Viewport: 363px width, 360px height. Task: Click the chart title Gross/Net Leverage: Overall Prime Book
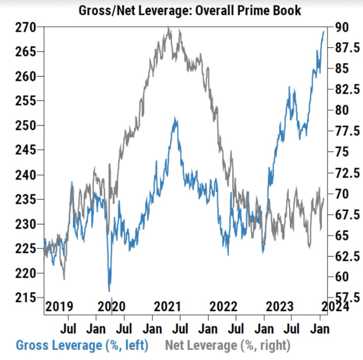point(190,10)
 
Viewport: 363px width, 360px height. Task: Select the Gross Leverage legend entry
point(82,345)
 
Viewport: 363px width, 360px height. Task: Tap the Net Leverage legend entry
point(227,345)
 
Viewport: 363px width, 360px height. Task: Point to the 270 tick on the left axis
point(27,27)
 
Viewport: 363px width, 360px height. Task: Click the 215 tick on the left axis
point(27,297)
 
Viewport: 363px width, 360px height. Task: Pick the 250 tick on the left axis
point(27,126)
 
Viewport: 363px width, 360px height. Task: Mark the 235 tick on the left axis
point(27,200)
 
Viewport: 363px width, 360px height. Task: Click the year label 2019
point(59,306)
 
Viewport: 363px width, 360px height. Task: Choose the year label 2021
point(167,306)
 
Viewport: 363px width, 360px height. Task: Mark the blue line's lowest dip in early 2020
point(109,291)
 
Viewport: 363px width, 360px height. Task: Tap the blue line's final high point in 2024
point(323,32)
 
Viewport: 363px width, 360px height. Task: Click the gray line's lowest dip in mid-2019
point(64,279)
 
